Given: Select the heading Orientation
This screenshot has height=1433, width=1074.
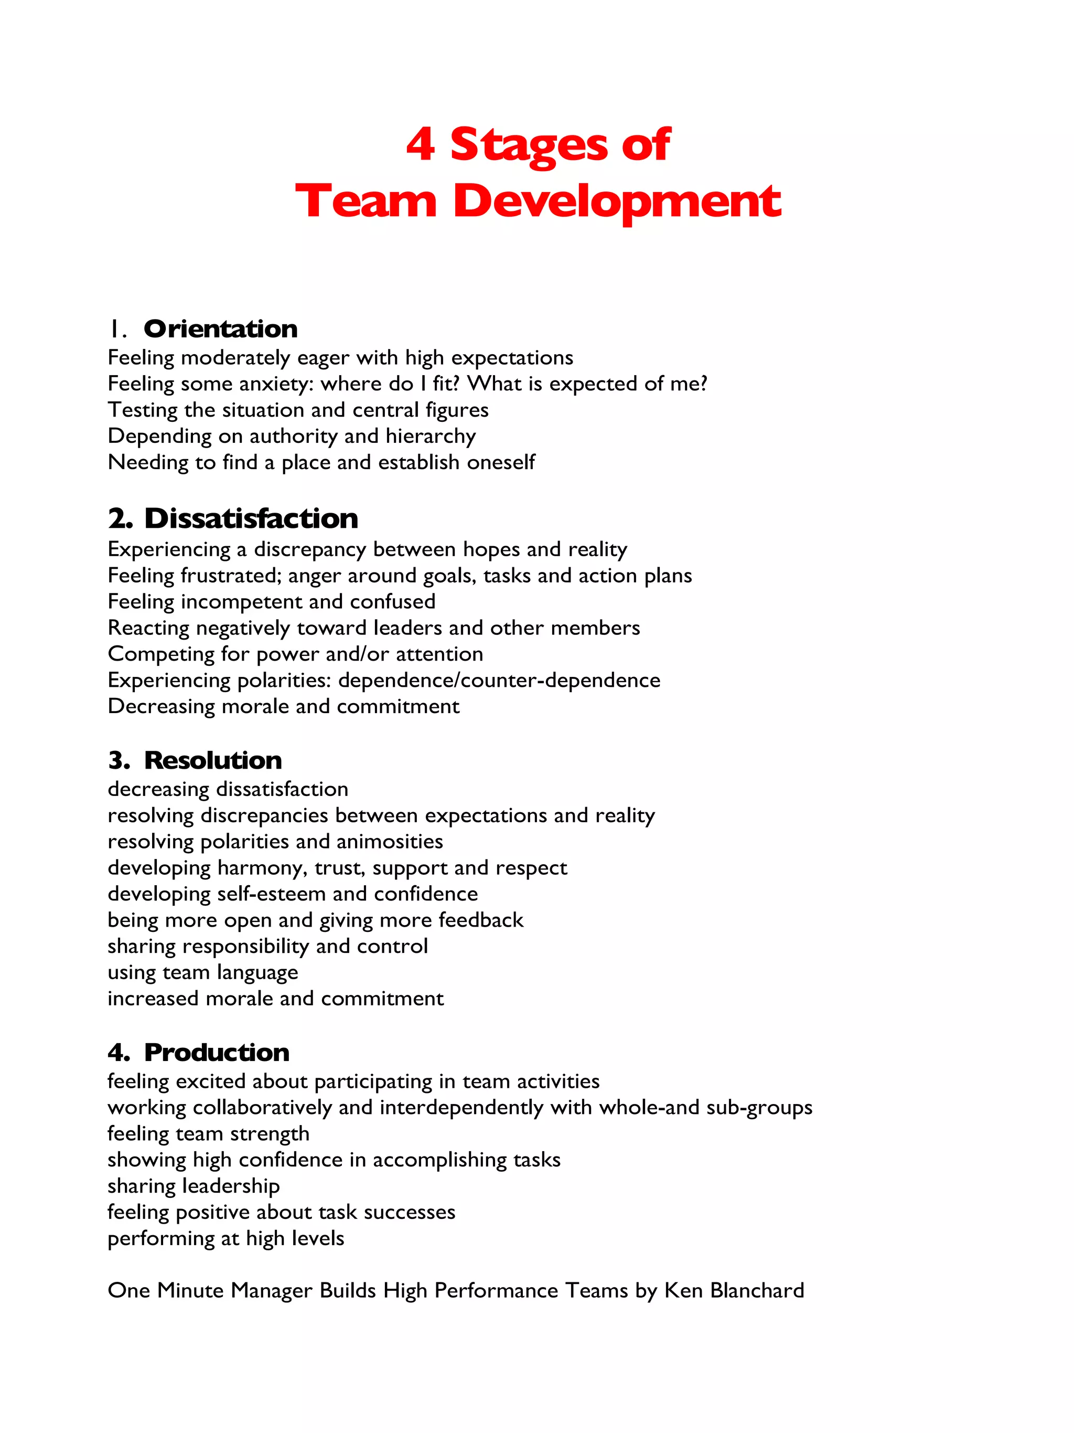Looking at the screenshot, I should (x=220, y=329).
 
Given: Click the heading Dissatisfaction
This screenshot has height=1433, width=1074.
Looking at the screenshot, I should (x=251, y=518).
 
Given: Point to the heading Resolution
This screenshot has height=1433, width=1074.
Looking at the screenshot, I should (x=213, y=760).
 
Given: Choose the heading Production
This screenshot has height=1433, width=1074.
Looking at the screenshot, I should (x=216, y=1053).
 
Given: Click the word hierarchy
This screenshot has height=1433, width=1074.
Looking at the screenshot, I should (x=431, y=437).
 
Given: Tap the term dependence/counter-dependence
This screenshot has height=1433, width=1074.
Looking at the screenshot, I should (x=499, y=680).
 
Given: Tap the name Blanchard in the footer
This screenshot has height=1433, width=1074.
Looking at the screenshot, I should (x=757, y=1290).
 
